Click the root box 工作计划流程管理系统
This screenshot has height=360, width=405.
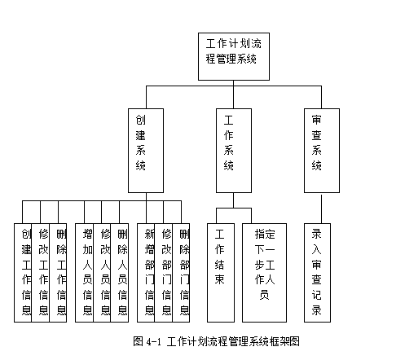[234, 56]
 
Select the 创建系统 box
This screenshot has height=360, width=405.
[146, 151]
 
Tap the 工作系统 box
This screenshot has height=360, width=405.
[234, 151]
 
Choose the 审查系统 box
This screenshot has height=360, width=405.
[322, 151]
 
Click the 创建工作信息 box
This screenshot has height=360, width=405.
[23, 273]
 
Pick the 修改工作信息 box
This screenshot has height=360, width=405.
[41, 273]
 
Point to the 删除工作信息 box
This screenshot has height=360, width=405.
[58, 273]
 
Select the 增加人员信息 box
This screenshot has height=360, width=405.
[84, 273]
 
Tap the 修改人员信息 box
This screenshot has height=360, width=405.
[102, 273]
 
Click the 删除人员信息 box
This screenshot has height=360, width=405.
[120, 273]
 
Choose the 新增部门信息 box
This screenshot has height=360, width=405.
[146, 273]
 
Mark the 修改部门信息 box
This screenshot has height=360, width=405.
[164, 273]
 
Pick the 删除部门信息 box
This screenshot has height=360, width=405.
[181, 273]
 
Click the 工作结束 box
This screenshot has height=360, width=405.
[221, 273]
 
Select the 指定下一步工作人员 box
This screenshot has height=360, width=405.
[264, 273]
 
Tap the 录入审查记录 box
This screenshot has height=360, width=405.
[317, 273]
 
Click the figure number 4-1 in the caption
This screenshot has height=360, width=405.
[153, 341]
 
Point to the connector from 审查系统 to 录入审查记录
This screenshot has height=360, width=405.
[322, 209]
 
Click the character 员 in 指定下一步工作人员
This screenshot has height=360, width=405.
[264, 295]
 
